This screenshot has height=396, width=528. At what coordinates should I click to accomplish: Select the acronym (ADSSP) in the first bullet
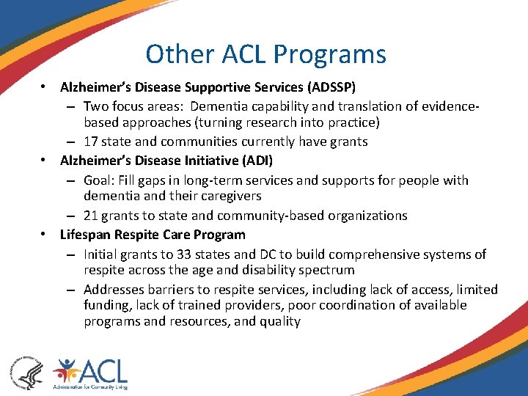coord(331,87)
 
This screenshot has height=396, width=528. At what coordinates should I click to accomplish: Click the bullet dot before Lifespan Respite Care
coord(45,235)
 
